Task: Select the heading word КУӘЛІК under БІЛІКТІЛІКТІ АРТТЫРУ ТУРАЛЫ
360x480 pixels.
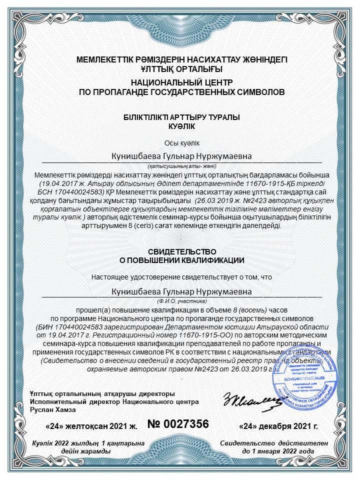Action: (181, 126)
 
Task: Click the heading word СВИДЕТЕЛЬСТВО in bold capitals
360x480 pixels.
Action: (181, 251)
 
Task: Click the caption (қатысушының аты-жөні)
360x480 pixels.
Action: (181, 166)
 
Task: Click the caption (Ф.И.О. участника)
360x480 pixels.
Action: (181, 301)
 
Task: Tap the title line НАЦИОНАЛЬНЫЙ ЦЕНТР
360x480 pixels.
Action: (181, 82)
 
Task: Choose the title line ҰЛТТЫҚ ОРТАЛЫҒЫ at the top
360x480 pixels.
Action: (181, 68)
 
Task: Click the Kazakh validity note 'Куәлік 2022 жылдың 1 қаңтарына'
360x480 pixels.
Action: (88, 443)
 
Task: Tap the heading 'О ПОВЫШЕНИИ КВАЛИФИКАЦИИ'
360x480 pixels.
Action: (181, 260)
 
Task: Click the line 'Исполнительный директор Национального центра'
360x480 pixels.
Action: (114, 402)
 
